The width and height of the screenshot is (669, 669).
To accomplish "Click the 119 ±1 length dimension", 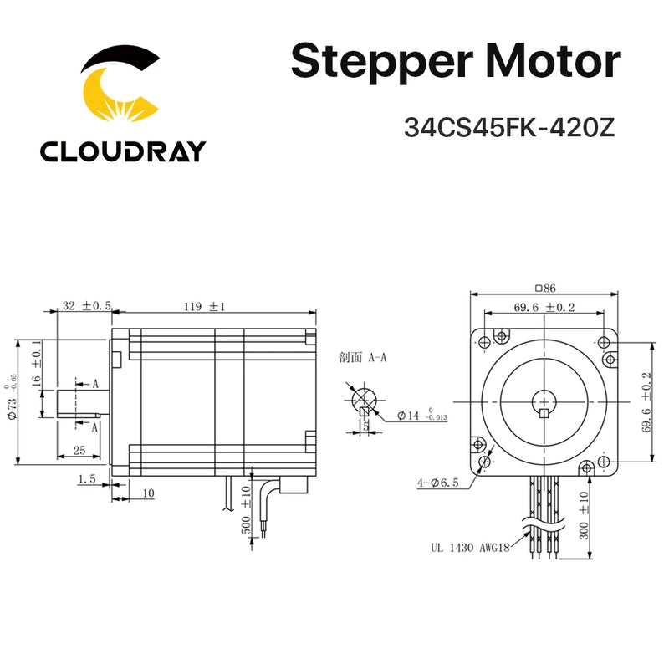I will [x=205, y=307].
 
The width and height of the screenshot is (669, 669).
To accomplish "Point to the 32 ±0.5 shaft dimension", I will [x=87, y=306].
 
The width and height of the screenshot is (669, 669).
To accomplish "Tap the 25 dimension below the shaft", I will [x=81, y=451].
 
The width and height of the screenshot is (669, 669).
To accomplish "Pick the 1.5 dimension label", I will [x=86, y=479].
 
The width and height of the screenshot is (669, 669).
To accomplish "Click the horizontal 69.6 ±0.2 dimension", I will [x=545, y=308].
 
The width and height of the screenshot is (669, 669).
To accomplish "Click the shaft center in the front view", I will [x=545, y=401].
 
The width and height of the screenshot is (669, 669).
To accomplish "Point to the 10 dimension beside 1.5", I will [x=147, y=493].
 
